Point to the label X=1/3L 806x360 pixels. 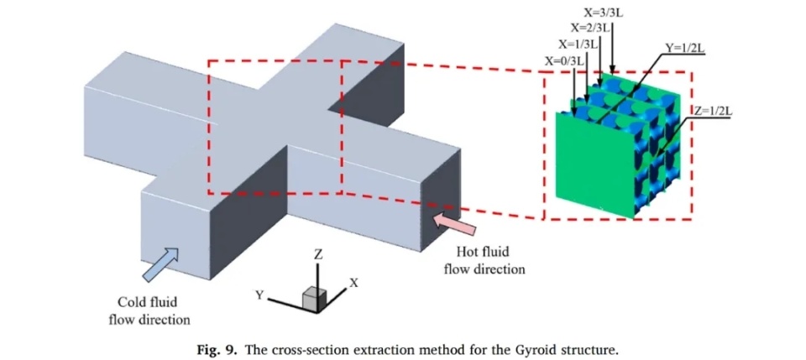[x=577, y=44]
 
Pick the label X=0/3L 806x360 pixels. [x=564, y=61]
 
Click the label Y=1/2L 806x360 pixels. [x=683, y=48]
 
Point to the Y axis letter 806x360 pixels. [x=260, y=294]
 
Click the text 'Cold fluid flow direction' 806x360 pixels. [x=153, y=310]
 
